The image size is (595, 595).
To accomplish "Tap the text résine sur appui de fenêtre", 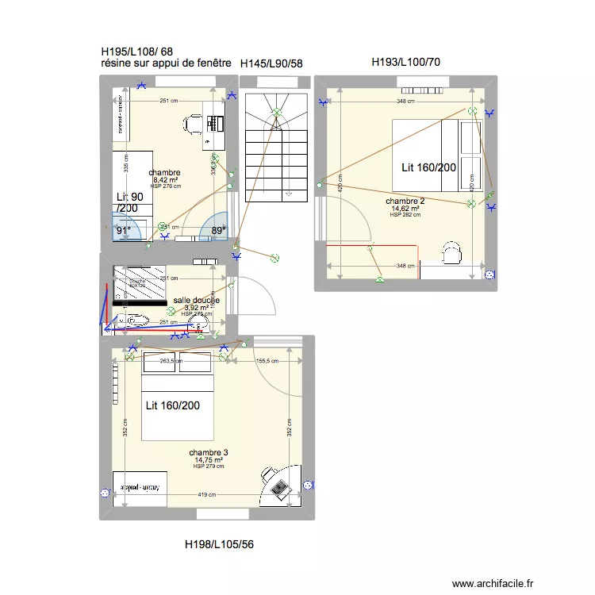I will [x=166, y=63].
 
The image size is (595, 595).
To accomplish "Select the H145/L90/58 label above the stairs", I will [x=271, y=63].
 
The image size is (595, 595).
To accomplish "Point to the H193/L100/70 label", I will [x=406, y=62].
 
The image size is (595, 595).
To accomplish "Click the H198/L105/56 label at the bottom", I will [x=219, y=544].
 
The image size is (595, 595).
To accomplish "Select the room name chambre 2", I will [x=405, y=202].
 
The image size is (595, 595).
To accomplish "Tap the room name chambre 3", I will [x=209, y=452].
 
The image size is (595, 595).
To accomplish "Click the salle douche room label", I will [x=196, y=301].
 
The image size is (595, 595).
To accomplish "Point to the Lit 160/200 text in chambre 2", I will [x=428, y=167].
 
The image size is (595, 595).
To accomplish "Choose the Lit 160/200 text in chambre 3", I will [x=173, y=405].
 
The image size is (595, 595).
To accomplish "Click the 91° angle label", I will [x=123, y=231].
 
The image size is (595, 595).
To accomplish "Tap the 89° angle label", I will [x=218, y=231].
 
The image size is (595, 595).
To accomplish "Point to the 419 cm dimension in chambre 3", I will [x=207, y=495].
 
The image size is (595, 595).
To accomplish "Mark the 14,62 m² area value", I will [x=405, y=209].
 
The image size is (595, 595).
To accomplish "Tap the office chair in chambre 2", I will [x=452, y=252].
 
